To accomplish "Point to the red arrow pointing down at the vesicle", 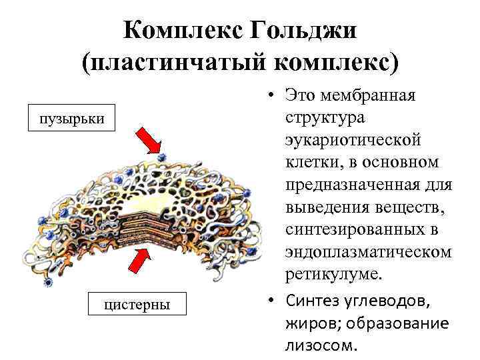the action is pos(150,142).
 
